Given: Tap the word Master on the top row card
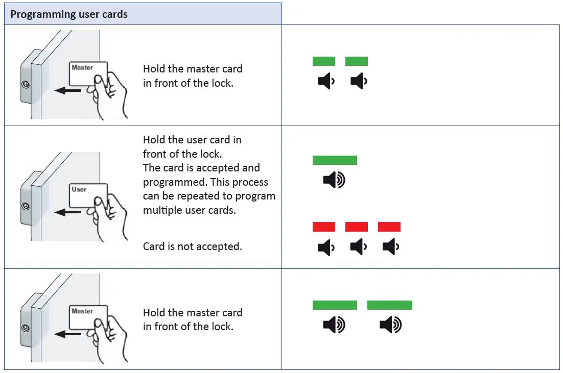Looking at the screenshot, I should [82, 67].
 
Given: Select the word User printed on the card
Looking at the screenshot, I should [79, 189].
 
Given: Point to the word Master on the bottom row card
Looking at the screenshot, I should [82, 311].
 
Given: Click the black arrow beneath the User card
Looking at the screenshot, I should [67, 212].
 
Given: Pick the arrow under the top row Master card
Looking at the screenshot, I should [67, 91].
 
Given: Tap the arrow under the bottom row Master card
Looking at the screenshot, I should [67, 334].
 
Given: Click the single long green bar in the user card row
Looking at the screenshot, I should [335, 160].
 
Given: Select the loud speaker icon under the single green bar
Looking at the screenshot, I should [334, 180].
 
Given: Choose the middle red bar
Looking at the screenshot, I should [357, 227].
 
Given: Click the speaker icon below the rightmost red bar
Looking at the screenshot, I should [390, 247].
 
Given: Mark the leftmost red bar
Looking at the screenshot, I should [324, 227].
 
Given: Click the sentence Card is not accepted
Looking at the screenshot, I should [193, 246].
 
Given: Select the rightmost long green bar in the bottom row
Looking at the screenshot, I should [389, 305].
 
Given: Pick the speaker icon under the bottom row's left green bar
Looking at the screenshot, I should [334, 325].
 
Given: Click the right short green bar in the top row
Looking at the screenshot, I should [357, 61].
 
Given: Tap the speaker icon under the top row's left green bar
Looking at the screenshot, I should [325, 81].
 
